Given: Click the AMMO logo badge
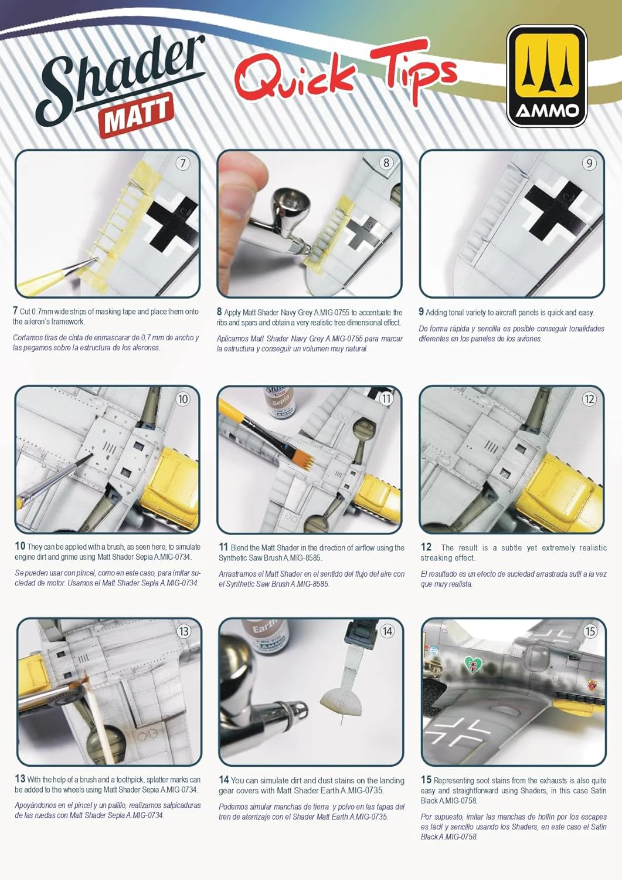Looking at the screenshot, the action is tap(546, 76).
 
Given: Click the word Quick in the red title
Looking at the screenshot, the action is tap(294, 78).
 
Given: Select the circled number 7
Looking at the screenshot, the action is tap(182, 164).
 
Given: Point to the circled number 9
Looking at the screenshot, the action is tap(589, 164).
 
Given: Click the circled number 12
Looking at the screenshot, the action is tap(589, 400).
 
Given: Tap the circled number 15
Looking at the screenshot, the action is tap(590, 631).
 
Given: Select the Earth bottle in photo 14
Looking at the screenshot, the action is tap(265, 637).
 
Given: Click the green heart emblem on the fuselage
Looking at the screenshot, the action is tap(474, 665).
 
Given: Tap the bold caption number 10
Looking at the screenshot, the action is tap(20, 546).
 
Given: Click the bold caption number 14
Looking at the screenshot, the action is tap(224, 780).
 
